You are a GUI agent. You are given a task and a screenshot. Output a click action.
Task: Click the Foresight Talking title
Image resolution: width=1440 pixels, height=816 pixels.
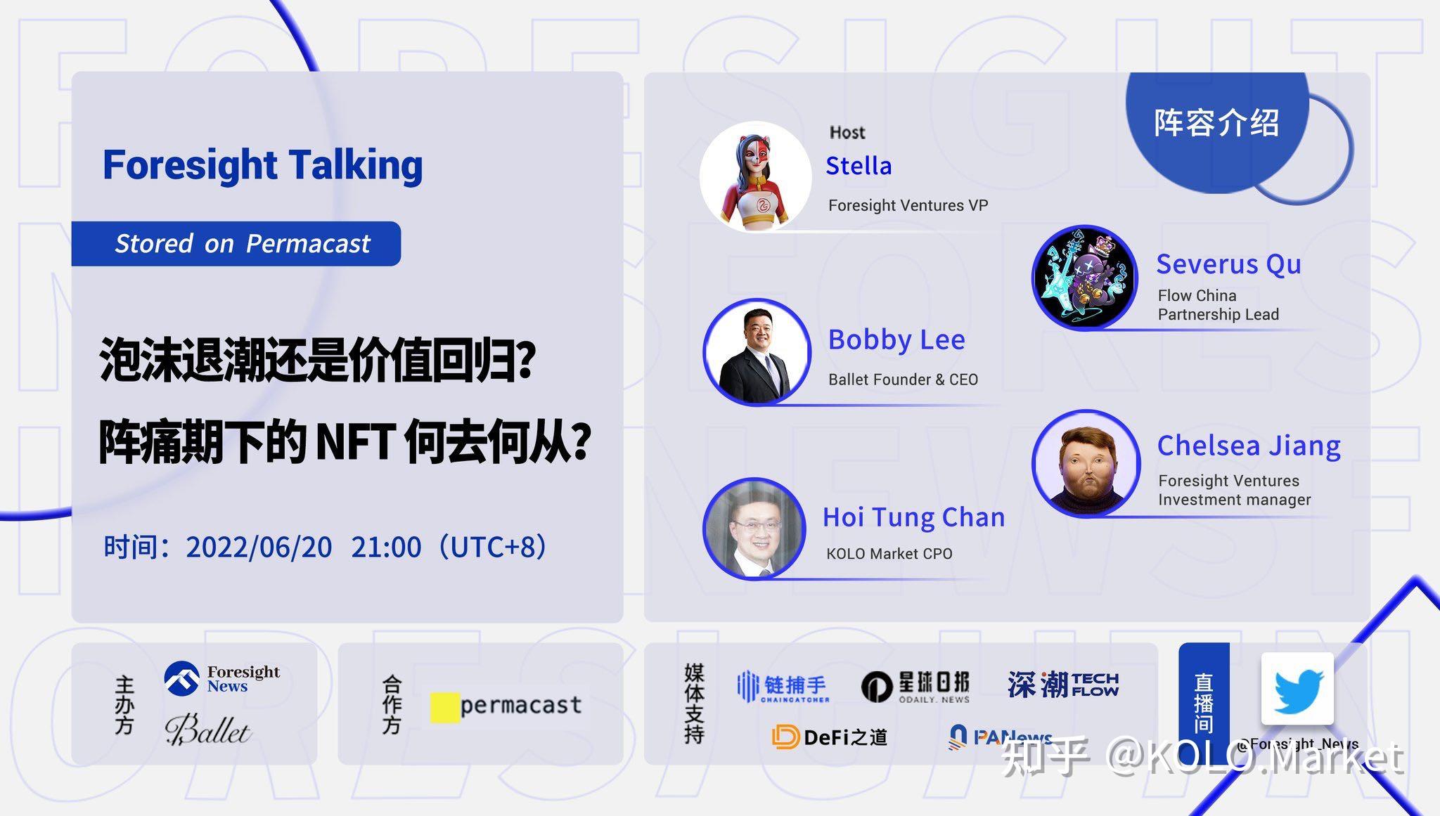pyautogui.click(x=262, y=165)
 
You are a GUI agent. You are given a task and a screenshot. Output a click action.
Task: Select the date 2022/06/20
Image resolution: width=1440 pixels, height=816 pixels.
pyautogui.click(x=259, y=547)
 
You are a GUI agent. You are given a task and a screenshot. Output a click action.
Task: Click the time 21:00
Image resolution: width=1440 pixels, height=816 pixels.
pyautogui.click(x=386, y=547)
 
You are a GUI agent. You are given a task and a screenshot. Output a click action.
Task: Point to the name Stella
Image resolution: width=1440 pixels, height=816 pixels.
pyautogui.click(x=859, y=166)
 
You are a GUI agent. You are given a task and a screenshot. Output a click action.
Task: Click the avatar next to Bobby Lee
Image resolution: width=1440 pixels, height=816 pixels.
pyautogui.click(x=757, y=352)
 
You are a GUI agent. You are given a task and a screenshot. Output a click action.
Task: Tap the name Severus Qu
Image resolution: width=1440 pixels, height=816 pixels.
pyautogui.click(x=1228, y=264)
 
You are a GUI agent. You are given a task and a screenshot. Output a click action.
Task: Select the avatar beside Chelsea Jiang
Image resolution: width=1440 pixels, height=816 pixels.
pyautogui.click(x=1086, y=464)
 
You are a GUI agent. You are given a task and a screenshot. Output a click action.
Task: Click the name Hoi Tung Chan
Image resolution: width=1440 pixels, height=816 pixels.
pyautogui.click(x=913, y=517)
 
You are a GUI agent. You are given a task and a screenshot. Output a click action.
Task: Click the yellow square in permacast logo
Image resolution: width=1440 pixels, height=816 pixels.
pyautogui.click(x=444, y=708)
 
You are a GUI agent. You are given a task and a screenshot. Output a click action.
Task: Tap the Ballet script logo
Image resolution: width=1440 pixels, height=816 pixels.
pyautogui.click(x=207, y=730)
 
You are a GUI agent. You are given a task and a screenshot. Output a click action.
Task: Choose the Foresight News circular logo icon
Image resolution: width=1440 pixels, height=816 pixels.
pyautogui.click(x=181, y=679)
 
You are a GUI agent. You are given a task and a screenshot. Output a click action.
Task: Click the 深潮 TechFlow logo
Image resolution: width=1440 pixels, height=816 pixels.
pyautogui.click(x=1062, y=684)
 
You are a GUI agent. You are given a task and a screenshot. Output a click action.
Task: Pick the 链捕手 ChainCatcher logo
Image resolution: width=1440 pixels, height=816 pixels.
pyautogui.click(x=783, y=686)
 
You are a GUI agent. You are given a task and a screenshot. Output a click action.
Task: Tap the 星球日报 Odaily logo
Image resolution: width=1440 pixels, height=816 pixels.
pyautogui.click(x=915, y=686)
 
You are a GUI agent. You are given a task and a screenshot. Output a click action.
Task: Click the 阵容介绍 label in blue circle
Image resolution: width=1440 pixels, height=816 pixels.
pyautogui.click(x=1216, y=123)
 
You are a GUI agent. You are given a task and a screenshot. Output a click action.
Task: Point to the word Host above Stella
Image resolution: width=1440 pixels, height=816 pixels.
pyautogui.click(x=847, y=132)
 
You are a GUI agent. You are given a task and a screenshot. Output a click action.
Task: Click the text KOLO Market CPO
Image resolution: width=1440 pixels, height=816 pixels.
pyautogui.click(x=889, y=554)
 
